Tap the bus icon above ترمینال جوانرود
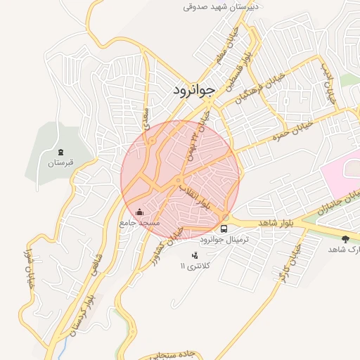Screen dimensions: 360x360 [224, 229]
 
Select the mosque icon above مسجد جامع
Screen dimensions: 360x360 [139, 212]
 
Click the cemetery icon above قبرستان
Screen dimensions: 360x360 [61, 152]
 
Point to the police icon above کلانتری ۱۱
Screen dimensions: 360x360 [195, 254]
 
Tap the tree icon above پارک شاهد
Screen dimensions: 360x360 [345, 240]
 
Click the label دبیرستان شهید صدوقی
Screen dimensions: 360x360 [221, 6]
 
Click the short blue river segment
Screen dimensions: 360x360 [68, 345]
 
